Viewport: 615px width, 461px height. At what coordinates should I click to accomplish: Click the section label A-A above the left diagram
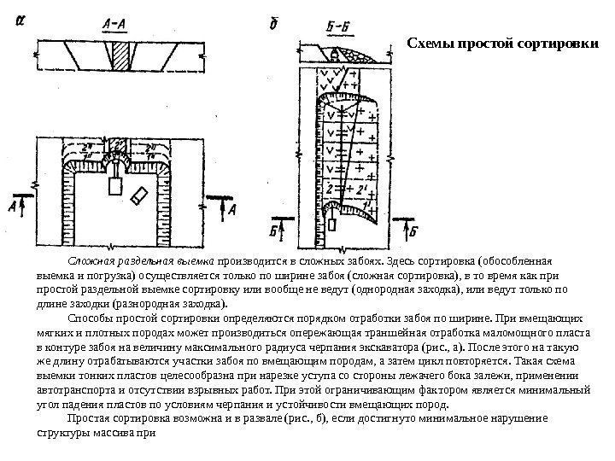[x=114, y=25]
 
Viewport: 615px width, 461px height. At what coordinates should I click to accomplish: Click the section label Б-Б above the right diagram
[x=316, y=28]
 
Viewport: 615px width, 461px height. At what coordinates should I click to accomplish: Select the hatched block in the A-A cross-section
[x=123, y=60]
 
